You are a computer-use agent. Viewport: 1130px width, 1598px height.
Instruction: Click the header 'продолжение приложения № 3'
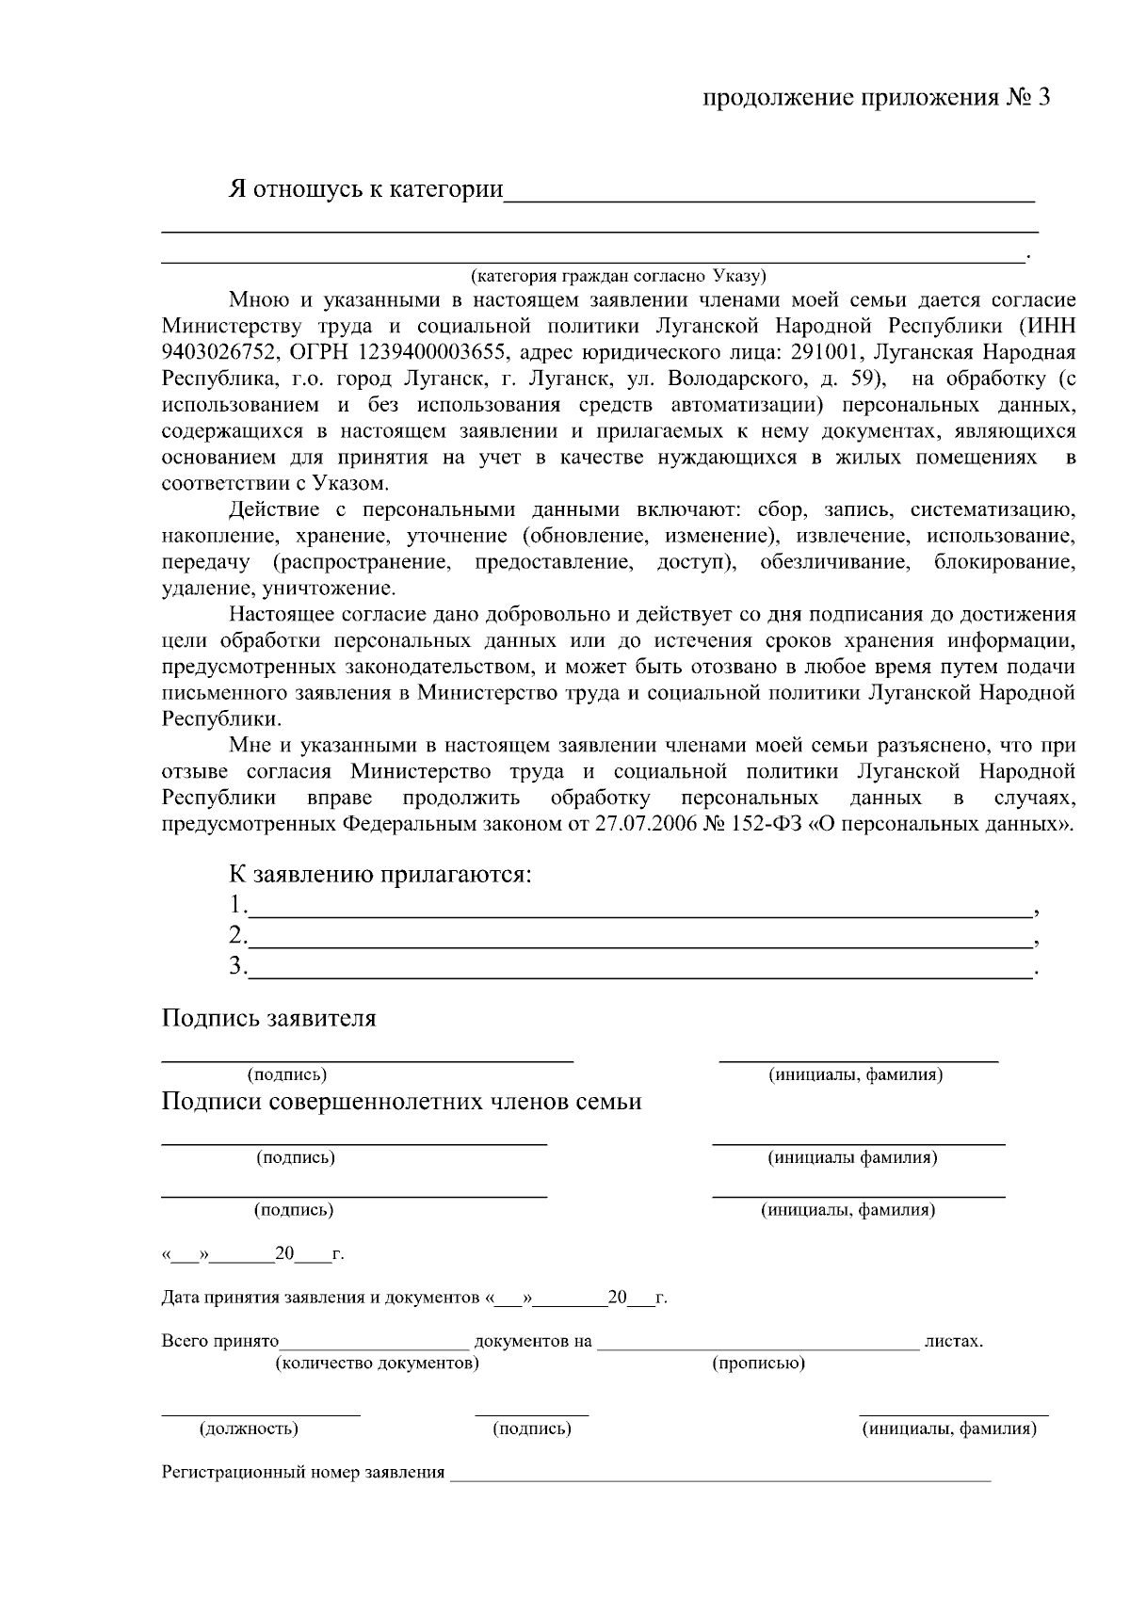click(876, 98)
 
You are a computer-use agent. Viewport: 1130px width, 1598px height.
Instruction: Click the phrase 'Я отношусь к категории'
click(366, 188)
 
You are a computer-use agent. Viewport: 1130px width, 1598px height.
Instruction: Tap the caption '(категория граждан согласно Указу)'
click(619, 276)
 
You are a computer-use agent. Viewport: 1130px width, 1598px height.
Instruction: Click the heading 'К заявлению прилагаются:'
click(380, 874)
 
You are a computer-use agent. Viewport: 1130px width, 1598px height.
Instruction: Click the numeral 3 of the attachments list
click(236, 966)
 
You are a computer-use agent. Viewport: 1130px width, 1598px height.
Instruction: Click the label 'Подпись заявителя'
click(268, 1018)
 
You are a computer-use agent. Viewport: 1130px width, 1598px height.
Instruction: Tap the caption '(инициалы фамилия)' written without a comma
click(852, 1157)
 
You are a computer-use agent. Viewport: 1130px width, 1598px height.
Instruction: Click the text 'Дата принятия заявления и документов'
click(320, 1298)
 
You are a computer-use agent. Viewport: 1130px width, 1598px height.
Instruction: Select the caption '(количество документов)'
click(376, 1364)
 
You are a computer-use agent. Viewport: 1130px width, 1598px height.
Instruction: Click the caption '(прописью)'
click(758, 1364)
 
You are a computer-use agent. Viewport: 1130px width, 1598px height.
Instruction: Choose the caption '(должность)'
click(249, 1429)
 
